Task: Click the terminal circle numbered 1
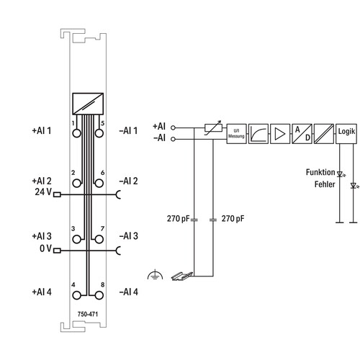click(x=76, y=133)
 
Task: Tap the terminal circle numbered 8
click(x=99, y=295)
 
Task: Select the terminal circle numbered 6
click(x=99, y=184)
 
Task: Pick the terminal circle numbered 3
click(x=76, y=239)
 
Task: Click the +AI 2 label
click(x=42, y=181)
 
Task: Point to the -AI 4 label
click(x=129, y=292)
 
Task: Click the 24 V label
click(x=43, y=192)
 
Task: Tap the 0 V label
click(x=45, y=248)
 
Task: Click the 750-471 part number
click(x=88, y=314)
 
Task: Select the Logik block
click(x=346, y=134)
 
